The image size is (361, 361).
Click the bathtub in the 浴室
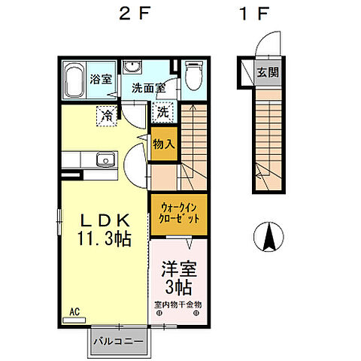(74, 80)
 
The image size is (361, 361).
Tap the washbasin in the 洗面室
(132, 67)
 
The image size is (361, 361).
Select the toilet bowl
(194, 76)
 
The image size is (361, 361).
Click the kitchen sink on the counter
(106, 159)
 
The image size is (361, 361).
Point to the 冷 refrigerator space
(107, 116)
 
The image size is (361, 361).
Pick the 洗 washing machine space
(162, 112)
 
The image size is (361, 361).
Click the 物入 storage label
(164, 144)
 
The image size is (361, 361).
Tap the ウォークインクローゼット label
(179, 214)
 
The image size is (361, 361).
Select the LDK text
(105, 220)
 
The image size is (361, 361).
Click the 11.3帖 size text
(105, 238)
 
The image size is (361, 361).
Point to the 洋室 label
(178, 269)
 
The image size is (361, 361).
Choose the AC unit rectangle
(74, 320)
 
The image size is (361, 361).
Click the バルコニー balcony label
(118, 341)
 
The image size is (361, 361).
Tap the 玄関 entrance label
(268, 73)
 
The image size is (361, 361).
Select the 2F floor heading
(135, 14)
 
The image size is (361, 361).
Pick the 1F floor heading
(254, 14)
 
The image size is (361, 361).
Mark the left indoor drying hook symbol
(159, 313)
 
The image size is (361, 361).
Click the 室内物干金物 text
(178, 305)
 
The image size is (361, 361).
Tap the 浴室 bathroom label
(101, 79)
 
